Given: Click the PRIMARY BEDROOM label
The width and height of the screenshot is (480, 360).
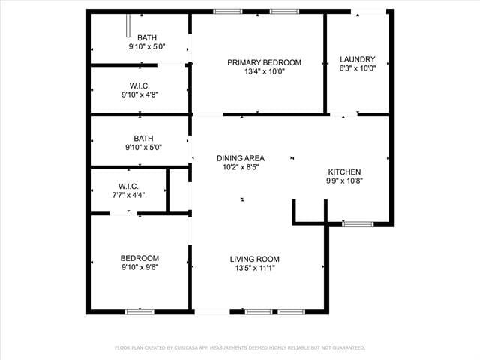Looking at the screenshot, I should pos(264,62).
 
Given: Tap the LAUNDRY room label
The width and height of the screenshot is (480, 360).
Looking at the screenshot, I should pos(357,59).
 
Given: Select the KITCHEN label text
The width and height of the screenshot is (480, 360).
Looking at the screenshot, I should pos(344,172).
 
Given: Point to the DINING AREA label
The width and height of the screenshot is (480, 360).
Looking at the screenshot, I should pos(240,158).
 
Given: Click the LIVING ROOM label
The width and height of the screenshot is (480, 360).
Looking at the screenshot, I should pos(255,259).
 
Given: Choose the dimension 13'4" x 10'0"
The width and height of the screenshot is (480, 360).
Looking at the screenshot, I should pos(264,72).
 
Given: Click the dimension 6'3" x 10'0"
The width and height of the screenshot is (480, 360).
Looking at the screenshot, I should pos(357,69).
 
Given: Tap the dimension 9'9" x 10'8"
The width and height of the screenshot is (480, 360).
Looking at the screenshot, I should pos(344,181).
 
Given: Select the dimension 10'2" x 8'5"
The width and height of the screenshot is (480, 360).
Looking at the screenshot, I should pos(240,167).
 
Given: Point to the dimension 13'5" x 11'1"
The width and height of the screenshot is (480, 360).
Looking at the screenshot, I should pos(255,268).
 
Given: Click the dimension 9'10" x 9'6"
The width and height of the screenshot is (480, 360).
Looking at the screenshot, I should pos(139,267).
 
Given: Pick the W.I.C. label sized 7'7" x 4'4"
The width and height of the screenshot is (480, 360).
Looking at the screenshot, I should pos(128,185).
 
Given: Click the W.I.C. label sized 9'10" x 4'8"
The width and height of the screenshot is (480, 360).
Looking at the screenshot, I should pos(139,85).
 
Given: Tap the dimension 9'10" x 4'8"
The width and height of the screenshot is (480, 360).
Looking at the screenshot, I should pos(139,94).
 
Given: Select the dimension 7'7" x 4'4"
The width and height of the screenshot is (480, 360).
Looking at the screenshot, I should pos(128,195).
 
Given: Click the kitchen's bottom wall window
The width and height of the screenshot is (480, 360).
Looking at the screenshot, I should pos(358,223).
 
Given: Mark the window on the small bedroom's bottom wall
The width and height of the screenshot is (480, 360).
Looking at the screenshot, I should pos(139,311).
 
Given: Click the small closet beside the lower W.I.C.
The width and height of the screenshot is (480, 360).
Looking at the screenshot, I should pos(178,190).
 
